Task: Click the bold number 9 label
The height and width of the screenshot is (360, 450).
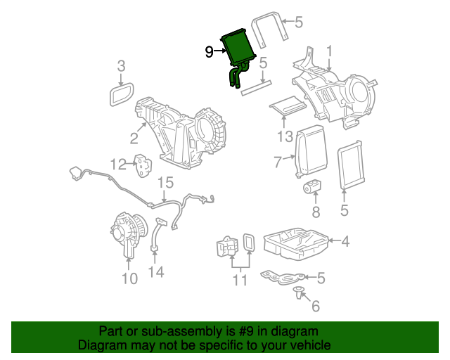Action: coord(210,51)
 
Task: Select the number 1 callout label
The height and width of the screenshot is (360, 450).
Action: coord(329,51)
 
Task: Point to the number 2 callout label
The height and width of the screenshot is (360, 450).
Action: coord(134,137)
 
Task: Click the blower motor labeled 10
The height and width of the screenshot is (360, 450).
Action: coord(128,235)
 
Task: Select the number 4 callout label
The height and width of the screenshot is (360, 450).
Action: coord(345,241)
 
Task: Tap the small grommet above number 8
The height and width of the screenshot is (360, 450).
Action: coord(310,186)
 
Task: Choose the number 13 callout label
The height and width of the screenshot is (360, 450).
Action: coord(284,136)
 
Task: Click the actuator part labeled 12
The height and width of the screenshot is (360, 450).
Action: coord(144,166)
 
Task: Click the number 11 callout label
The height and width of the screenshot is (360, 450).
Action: coord(240,281)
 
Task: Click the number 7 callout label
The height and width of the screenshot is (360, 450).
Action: coord(278,162)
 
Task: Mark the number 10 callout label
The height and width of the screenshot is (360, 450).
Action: coord(129,279)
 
